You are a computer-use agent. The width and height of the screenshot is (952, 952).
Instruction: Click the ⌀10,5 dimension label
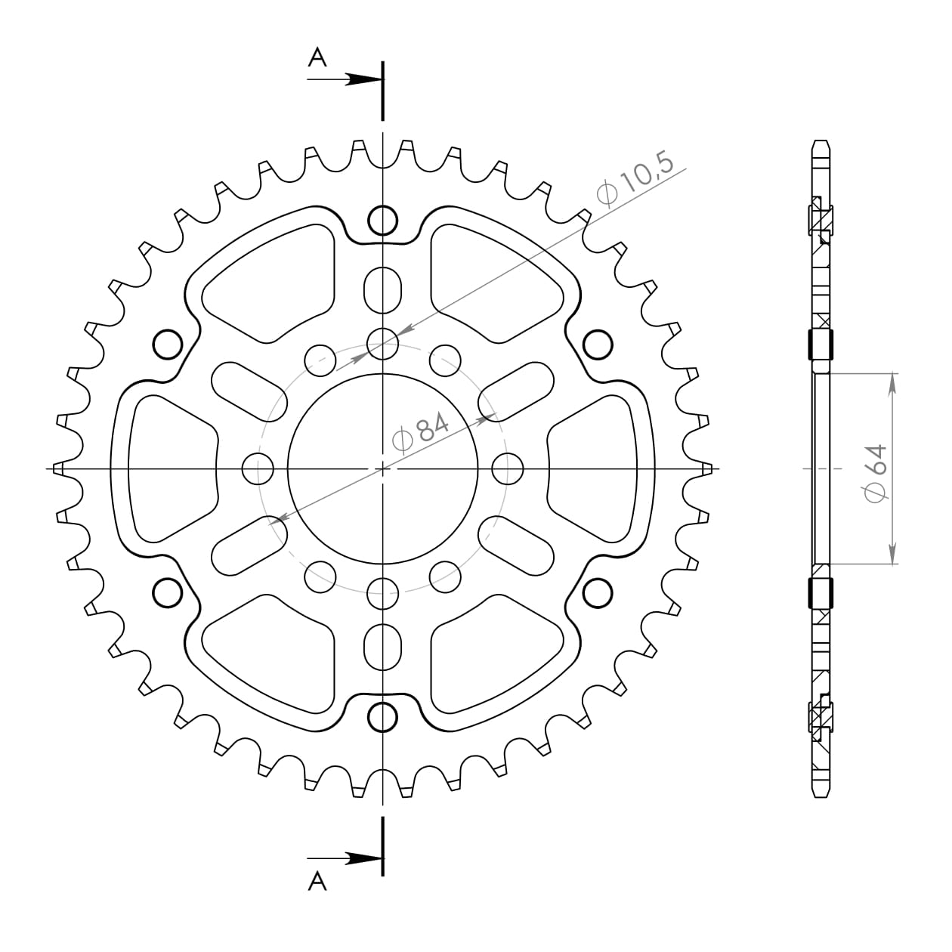(635, 184)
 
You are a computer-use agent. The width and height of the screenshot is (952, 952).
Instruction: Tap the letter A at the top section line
(317, 57)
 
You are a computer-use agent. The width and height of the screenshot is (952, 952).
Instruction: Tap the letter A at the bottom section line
(317, 881)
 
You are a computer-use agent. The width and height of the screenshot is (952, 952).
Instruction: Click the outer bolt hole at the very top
(383, 220)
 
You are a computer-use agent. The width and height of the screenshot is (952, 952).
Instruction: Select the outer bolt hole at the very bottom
(383, 716)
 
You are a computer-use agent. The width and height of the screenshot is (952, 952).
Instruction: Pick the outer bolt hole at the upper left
(168, 345)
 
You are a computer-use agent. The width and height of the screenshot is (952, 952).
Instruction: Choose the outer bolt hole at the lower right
(598, 592)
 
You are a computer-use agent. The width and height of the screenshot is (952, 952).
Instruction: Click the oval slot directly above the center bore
(383, 289)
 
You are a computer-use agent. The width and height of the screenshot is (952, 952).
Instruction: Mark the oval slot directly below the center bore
(383, 647)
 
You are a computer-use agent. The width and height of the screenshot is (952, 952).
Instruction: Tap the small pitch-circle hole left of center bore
(258, 468)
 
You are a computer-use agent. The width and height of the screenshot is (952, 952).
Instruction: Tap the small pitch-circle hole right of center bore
(508, 468)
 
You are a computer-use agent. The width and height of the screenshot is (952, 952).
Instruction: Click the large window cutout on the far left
(170, 468)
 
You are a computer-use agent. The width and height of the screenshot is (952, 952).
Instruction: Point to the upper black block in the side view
(821, 345)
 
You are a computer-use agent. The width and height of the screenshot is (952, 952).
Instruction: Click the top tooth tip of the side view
(821, 144)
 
